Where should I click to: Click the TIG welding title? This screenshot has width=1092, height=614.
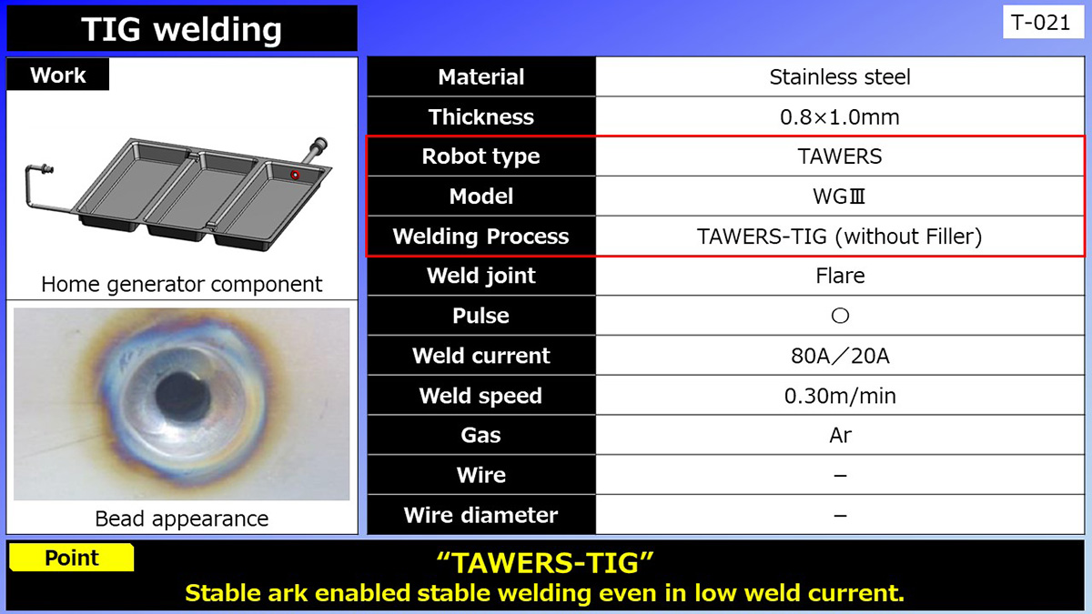[x=181, y=29]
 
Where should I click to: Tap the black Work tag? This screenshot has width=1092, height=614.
[x=57, y=75]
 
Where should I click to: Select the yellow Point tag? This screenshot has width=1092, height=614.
[x=71, y=558]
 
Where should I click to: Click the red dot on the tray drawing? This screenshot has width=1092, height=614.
[x=294, y=174]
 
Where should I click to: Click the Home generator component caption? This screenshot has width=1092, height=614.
[x=181, y=284]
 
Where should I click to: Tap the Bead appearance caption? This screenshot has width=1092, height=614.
[x=181, y=518]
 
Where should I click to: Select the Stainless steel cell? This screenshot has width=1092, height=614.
[x=839, y=77]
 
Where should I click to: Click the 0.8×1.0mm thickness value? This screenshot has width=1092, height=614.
[x=839, y=117]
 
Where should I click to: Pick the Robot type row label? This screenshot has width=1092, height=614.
[x=480, y=156]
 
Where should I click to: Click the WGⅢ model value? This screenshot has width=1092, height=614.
[x=839, y=196]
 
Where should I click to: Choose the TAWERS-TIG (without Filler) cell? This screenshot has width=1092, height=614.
[x=839, y=237]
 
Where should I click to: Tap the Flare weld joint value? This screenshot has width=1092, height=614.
[x=839, y=276]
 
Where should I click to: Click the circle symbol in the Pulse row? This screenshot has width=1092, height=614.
[x=840, y=316]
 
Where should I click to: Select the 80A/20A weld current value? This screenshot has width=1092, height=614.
[x=839, y=356]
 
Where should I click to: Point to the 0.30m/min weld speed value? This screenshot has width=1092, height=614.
[x=839, y=396]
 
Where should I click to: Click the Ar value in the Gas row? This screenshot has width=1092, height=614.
[x=839, y=435]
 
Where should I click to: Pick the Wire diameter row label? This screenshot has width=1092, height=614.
[x=480, y=515]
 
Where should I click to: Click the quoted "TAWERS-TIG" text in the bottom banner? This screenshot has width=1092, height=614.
[x=545, y=563]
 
